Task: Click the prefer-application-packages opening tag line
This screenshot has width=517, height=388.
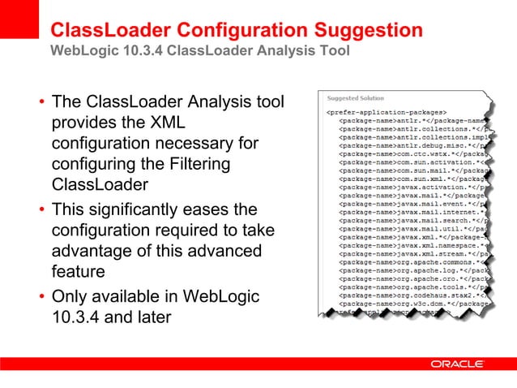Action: pos(386,111)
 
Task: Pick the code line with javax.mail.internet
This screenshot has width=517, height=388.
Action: pos(413,212)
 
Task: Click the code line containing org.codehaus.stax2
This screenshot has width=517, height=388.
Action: pos(413,297)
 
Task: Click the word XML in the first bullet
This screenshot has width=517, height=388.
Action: pos(166,123)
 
